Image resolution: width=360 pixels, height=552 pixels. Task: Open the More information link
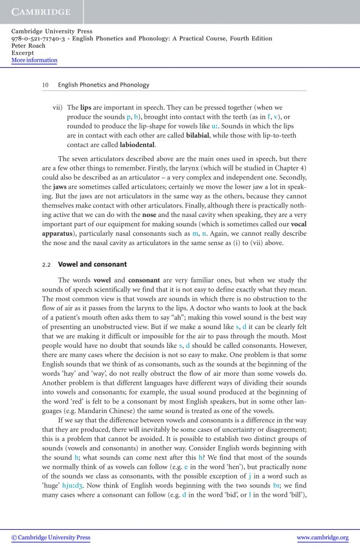coord(34,60)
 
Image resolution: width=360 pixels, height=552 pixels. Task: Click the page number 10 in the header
coord(46,85)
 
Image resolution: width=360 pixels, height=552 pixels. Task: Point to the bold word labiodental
coord(137,146)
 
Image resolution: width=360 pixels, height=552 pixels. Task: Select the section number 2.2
coord(46,264)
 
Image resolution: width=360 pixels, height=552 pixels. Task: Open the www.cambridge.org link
coord(322,538)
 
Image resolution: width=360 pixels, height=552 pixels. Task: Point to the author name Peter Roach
coord(29,46)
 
